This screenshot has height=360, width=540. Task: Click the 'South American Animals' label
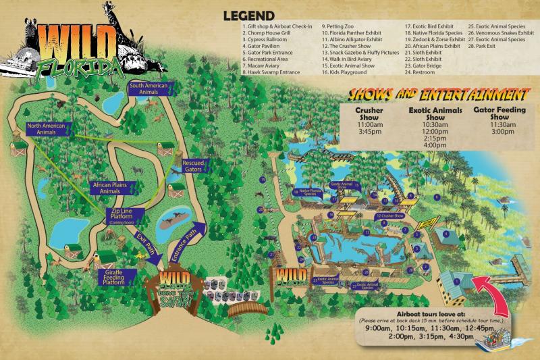[150, 88]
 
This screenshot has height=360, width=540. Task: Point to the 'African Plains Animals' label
[110, 187]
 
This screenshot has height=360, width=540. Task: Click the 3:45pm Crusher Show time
[370, 132]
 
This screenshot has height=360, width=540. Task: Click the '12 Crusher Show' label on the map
[390, 216]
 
